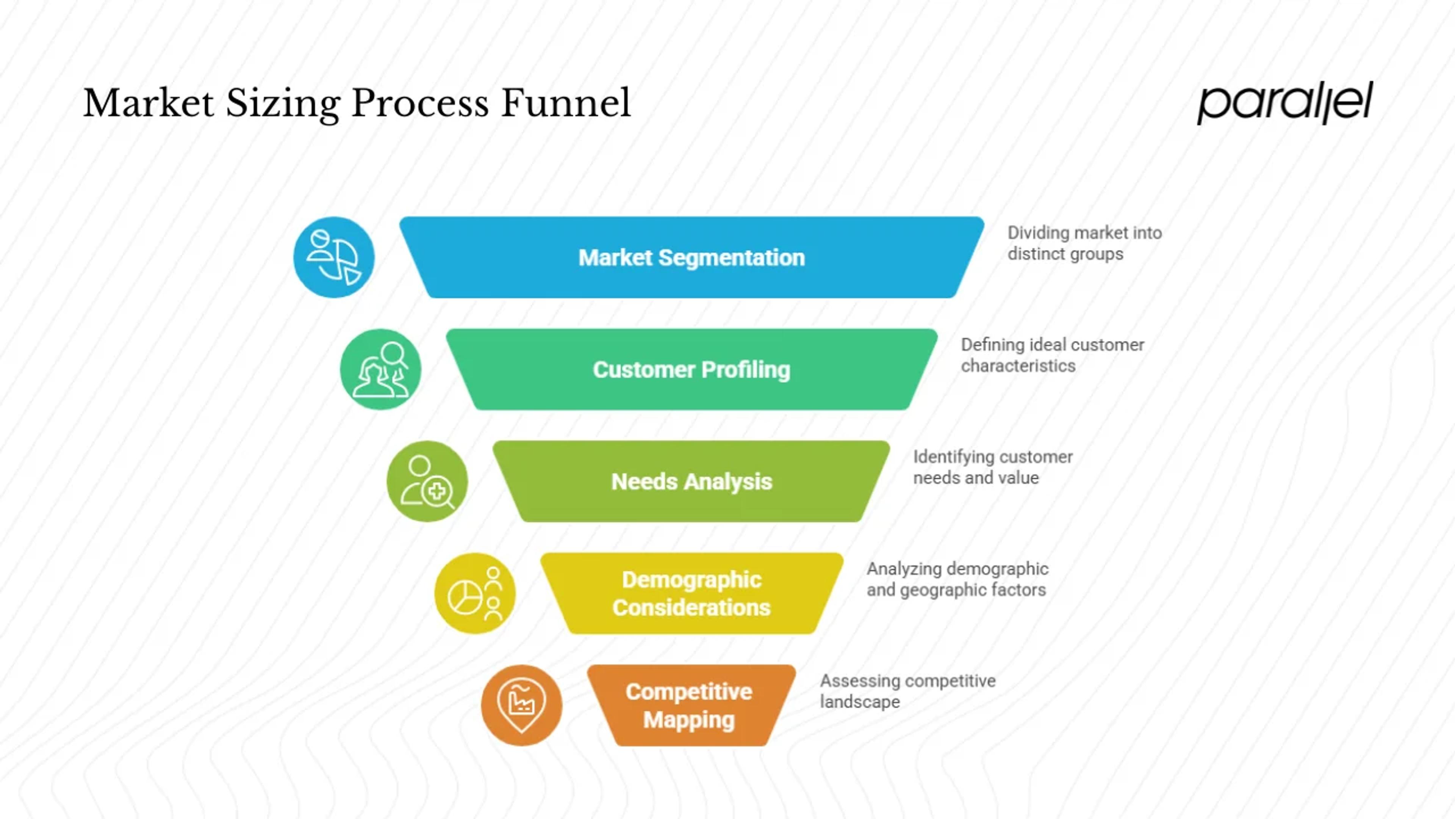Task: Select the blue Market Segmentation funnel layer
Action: point(692,257)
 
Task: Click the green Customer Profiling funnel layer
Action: point(692,369)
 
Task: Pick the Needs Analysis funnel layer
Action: point(692,481)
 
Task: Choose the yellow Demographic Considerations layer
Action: point(692,593)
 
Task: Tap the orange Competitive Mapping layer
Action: point(692,705)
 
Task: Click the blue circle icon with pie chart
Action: point(334,257)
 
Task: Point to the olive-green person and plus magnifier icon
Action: point(427,481)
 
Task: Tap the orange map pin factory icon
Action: point(522,705)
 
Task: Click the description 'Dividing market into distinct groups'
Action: point(1084,243)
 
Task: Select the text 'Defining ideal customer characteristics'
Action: point(1052,355)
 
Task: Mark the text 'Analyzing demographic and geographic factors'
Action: point(957,579)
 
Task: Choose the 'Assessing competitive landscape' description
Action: point(908,691)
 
